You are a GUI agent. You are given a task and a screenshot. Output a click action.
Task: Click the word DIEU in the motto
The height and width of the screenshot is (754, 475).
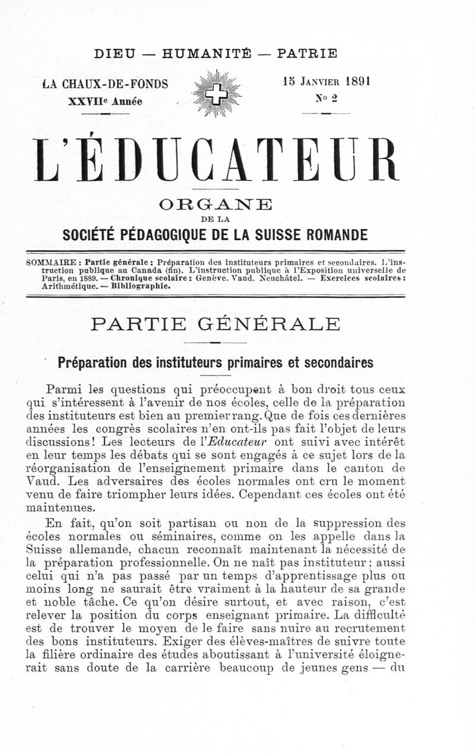coord(115,53)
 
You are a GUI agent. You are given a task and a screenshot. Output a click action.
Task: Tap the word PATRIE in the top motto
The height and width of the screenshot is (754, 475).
coord(308,53)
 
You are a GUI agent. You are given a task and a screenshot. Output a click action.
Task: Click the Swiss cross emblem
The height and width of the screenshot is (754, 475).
coord(217,93)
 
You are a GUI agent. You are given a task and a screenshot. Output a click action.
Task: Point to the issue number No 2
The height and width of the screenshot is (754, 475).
coord(326,99)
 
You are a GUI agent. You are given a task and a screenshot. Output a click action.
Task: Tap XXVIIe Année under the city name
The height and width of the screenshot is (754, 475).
coord(106,100)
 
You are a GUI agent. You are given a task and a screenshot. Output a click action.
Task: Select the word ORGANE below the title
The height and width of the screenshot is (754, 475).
coord(216,205)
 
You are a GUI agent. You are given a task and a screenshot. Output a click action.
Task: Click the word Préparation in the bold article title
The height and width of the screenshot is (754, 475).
coord(94,362)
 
